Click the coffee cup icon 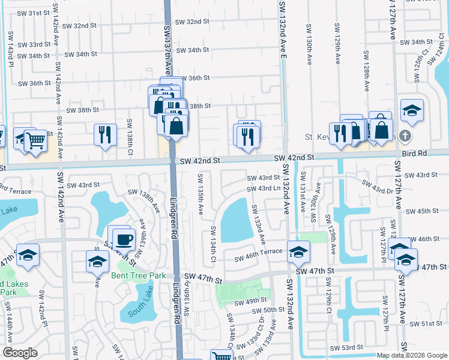click(124, 239)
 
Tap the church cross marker click(406, 136)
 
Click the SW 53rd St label click(349, 347)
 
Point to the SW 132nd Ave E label click(282, 30)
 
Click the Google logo click(20, 352)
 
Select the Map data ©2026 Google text click(412, 355)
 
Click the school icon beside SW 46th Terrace click(298, 252)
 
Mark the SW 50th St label click(268, 310)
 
